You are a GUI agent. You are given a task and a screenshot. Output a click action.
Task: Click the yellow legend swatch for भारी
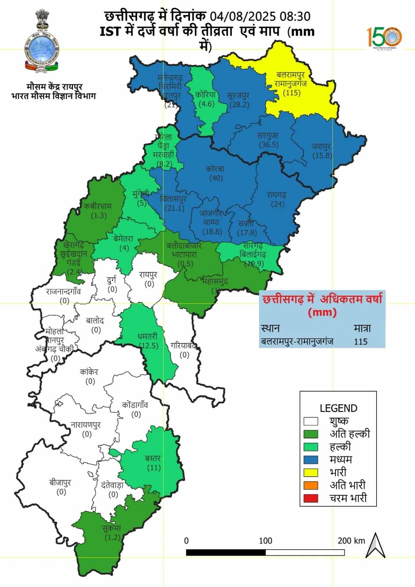tap(311, 472)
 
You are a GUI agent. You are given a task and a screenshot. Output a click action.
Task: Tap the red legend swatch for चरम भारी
tap(311, 498)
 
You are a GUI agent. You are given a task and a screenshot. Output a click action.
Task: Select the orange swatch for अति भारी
tap(311, 485)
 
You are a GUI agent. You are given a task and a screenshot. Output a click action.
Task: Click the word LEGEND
tap(338, 408)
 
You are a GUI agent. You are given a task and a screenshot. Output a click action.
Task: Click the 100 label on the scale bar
tap(265, 541)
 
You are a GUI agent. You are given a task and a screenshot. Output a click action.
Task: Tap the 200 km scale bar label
tap(351, 541)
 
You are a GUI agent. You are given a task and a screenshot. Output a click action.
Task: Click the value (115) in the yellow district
tap(292, 92)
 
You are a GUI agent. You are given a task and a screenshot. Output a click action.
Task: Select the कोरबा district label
tap(215, 169)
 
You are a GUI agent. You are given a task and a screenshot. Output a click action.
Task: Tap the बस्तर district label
tap(153, 459)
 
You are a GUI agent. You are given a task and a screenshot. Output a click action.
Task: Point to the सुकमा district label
tap(112, 529)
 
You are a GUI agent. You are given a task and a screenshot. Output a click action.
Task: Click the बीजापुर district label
tap(60, 483)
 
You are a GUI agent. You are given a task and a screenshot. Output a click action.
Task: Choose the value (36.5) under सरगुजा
tap(268, 145)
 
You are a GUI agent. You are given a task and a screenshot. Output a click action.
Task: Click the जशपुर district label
tap(322, 146)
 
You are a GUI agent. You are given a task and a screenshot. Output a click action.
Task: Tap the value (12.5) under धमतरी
tap(149, 346)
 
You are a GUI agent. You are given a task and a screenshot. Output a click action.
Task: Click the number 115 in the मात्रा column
tap(361, 342)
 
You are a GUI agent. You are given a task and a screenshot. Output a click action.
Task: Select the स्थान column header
tap(270, 328)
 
